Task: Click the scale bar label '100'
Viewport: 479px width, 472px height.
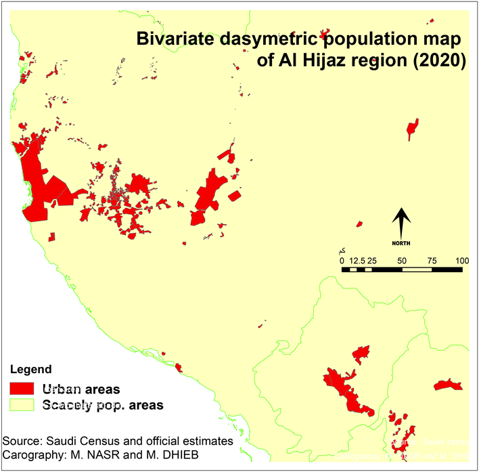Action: [x=463, y=260]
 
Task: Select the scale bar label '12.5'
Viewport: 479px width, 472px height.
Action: [x=356, y=260]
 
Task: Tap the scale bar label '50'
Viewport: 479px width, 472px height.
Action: [x=402, y=260]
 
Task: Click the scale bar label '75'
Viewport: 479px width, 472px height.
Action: [x=432, y=260]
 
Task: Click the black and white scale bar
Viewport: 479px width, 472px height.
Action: [x=402, y=270]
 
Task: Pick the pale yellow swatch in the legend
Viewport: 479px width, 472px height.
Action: [x=24, y=405]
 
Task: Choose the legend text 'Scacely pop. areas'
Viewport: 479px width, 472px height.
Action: [x=102, y=405]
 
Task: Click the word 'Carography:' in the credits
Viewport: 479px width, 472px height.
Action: [x=36, y=453]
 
